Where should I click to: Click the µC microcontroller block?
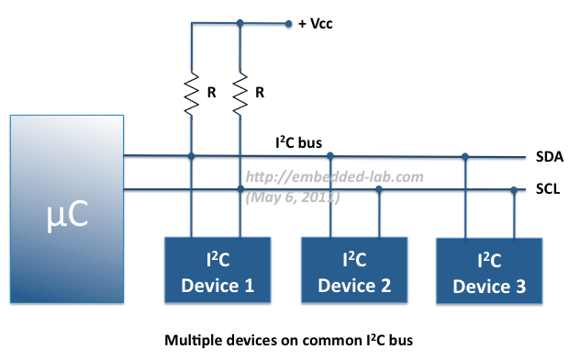tap(67, 208)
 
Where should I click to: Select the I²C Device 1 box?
tap(217, 270)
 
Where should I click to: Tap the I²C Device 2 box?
tap(354, 270)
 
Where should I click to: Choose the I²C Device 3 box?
tap(488, 272)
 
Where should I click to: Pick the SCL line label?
tap(548, 190)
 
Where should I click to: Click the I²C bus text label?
tap(297, 142)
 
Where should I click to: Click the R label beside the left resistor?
tap(210, 92)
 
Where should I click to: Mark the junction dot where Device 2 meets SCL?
tap(378, 191)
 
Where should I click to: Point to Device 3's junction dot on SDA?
tap(465, 156)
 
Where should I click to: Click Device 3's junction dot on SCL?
tap(513, 191)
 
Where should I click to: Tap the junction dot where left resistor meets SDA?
tap(191, 156)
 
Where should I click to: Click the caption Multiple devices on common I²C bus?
tap(288, 339)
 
